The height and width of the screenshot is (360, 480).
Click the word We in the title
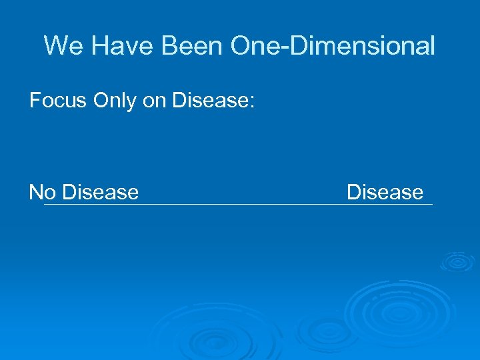(62, 46)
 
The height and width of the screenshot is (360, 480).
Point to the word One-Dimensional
(332, 46)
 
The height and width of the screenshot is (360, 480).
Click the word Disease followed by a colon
(209, 101)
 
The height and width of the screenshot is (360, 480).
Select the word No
(42, 193)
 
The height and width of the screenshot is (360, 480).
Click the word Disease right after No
(100, 193)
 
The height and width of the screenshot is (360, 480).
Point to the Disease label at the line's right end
(385, 193)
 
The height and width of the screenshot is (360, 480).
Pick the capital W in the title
(55, 46)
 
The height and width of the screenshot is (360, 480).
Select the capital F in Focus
(34, 101)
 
